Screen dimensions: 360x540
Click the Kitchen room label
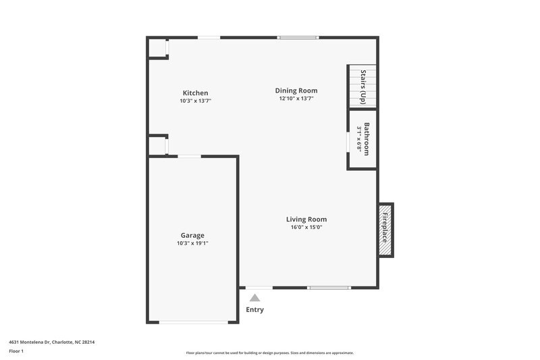click(195, 93)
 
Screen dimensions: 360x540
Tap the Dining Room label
click(296, 91)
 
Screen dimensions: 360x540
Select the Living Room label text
click(306, 220)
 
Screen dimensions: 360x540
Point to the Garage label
click(192, 236)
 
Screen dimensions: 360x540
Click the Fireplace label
click(385, 229)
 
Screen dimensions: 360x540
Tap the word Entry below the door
click(254, 310)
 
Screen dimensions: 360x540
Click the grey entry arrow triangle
click(254, 297)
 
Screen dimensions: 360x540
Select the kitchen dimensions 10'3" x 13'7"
click(195, 101)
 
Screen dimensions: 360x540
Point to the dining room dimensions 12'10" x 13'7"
click(296, 99)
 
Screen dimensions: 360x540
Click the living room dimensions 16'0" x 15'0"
click(306, 228)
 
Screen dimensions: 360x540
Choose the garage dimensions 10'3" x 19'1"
click(192, 243)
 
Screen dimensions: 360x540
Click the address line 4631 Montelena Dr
click(52, 342)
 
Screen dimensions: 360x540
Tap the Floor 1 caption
click(16, 352)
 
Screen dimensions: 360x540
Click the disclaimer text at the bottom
click(269, 353)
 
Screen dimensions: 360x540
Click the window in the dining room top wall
click(298, 37)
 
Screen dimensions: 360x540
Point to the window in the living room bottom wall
click(329, 288)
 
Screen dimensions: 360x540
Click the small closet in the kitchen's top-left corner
click(157, 47)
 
